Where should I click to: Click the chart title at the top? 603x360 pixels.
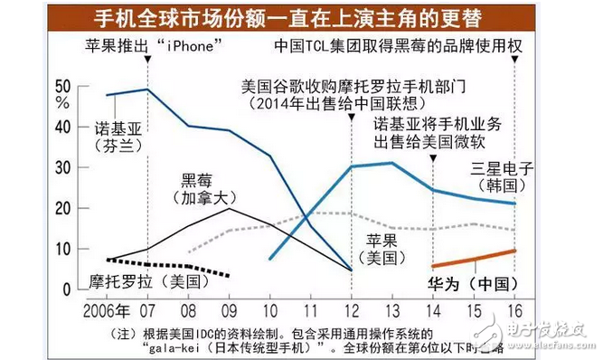point(300,18)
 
